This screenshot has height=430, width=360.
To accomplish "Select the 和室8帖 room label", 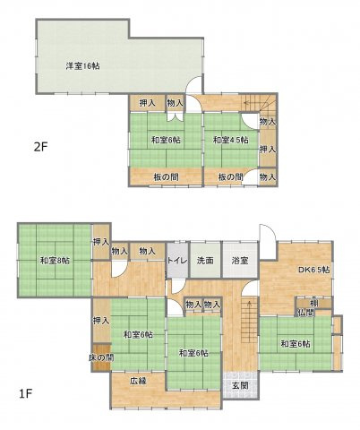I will tap(55, 261).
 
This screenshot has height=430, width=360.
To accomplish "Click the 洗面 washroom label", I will tap(205, 261).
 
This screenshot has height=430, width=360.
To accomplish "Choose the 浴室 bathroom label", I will tap(239, 261).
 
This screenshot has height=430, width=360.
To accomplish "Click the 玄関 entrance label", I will tap(239, 385).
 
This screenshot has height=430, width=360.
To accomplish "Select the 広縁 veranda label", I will tap(137, 381).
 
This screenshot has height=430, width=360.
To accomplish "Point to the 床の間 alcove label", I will tap(100, 358).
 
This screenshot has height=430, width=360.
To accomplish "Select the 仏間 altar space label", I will tap(305, 313).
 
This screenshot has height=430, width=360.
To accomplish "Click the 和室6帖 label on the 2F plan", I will tap(165, 140).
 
